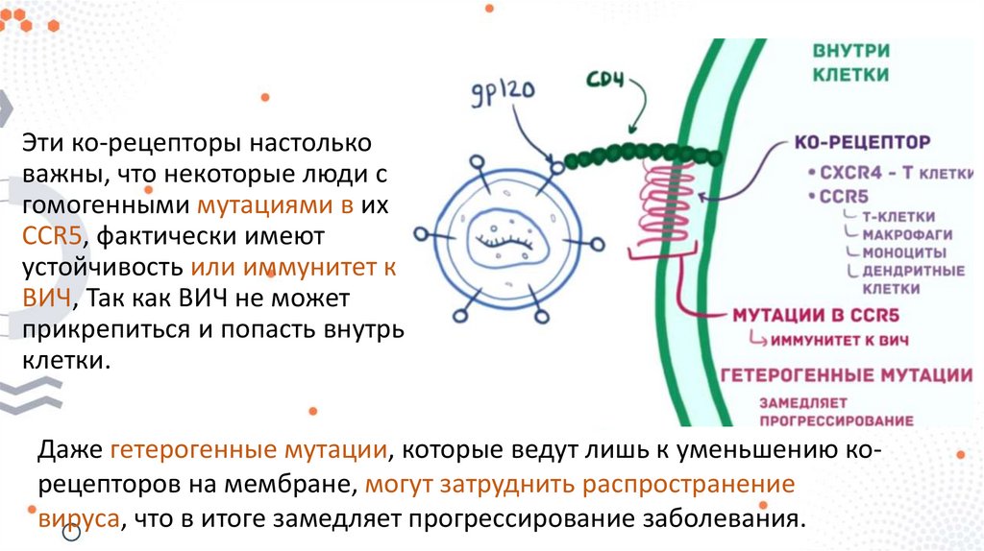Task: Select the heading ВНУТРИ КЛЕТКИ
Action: (x=850, y=62)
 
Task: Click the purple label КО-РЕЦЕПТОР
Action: (x=862, y=142)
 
